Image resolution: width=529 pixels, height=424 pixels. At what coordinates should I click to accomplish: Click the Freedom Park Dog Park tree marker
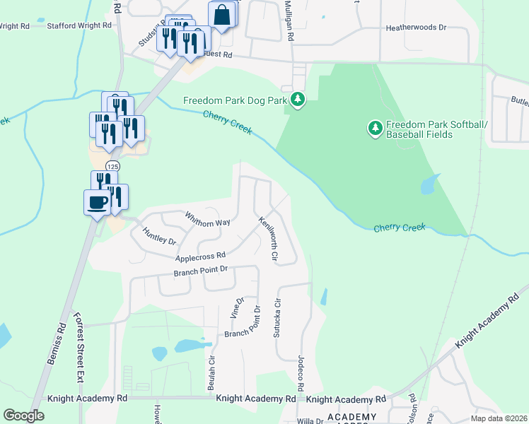coord(298,100)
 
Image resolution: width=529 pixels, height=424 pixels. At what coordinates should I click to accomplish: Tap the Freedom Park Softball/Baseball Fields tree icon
coord(375,128)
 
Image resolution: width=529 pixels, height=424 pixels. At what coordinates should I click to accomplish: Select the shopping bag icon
coord(221,15)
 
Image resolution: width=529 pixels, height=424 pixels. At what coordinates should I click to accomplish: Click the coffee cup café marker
coord(97,204)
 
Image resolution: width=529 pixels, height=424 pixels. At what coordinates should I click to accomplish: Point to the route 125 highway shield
coord(112,165)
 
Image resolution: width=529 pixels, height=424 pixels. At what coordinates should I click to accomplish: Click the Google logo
coord(24,416)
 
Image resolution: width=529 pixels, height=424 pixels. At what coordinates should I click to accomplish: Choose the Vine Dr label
coord(238,307)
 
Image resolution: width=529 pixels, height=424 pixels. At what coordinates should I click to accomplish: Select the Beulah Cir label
coord(211,372)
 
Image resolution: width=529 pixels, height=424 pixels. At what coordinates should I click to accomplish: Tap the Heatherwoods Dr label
coord(417,28)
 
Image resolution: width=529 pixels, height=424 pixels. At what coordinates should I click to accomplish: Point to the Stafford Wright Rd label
coord(79,25)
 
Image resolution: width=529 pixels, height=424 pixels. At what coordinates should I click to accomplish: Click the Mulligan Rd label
coord(290,21)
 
